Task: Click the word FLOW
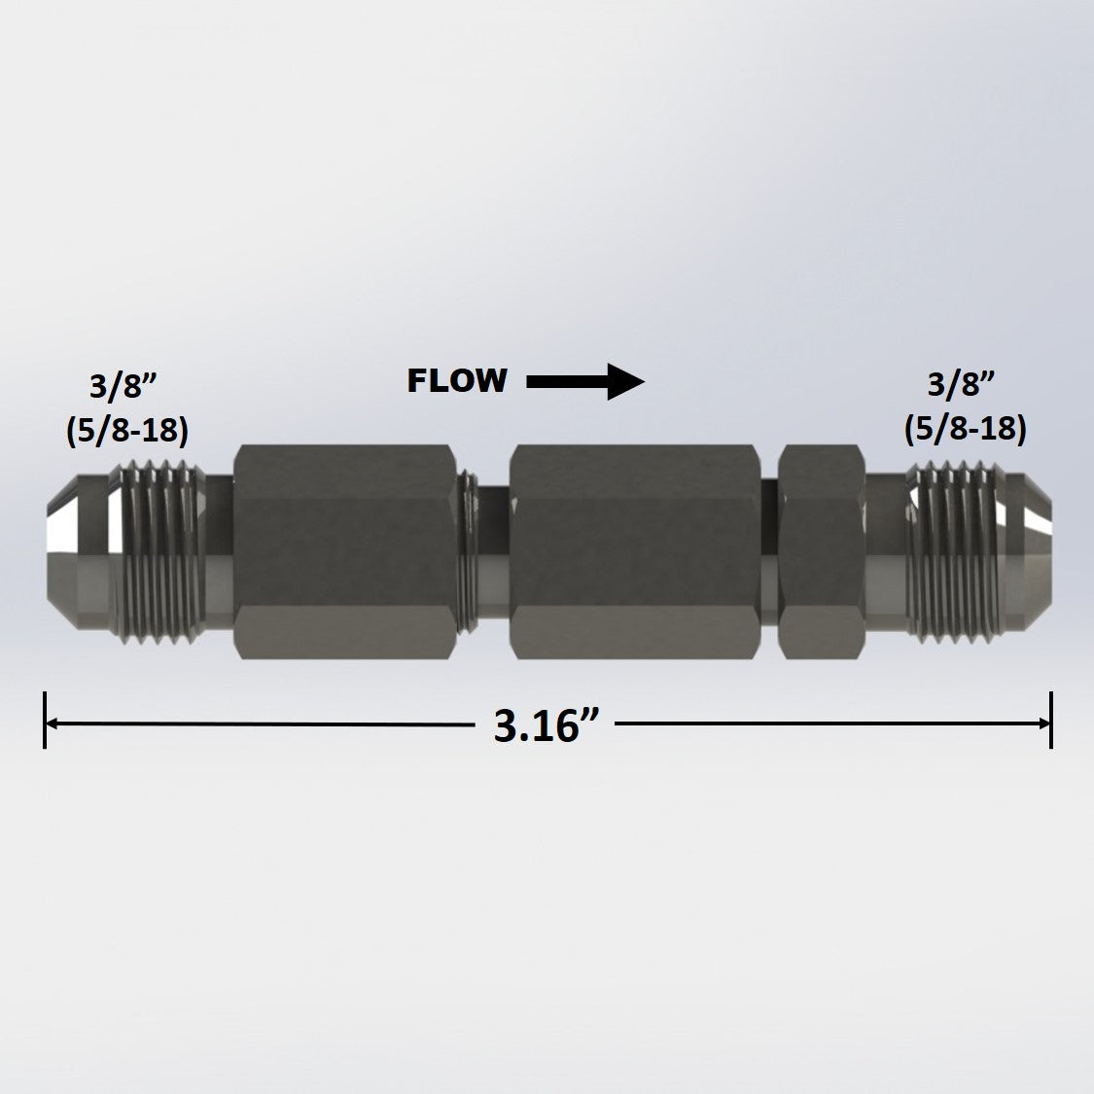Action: pyautogui.click(x=456, y=380)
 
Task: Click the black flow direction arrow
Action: pyautogui.click(x=585, y=381)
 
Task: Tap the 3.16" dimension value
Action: pyautogui.click(x=536, y=725)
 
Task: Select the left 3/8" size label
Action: pyautogui.click(x=124, y=386)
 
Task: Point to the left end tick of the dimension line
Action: pyautogui.click(x=45, y=721)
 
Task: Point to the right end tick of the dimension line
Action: pyautogui.click(x=1051, y=721)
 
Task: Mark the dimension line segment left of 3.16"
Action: pyautogui.click(x=263, y=723)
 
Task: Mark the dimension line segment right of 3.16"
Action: pyautogui.click(x=827, y=723)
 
